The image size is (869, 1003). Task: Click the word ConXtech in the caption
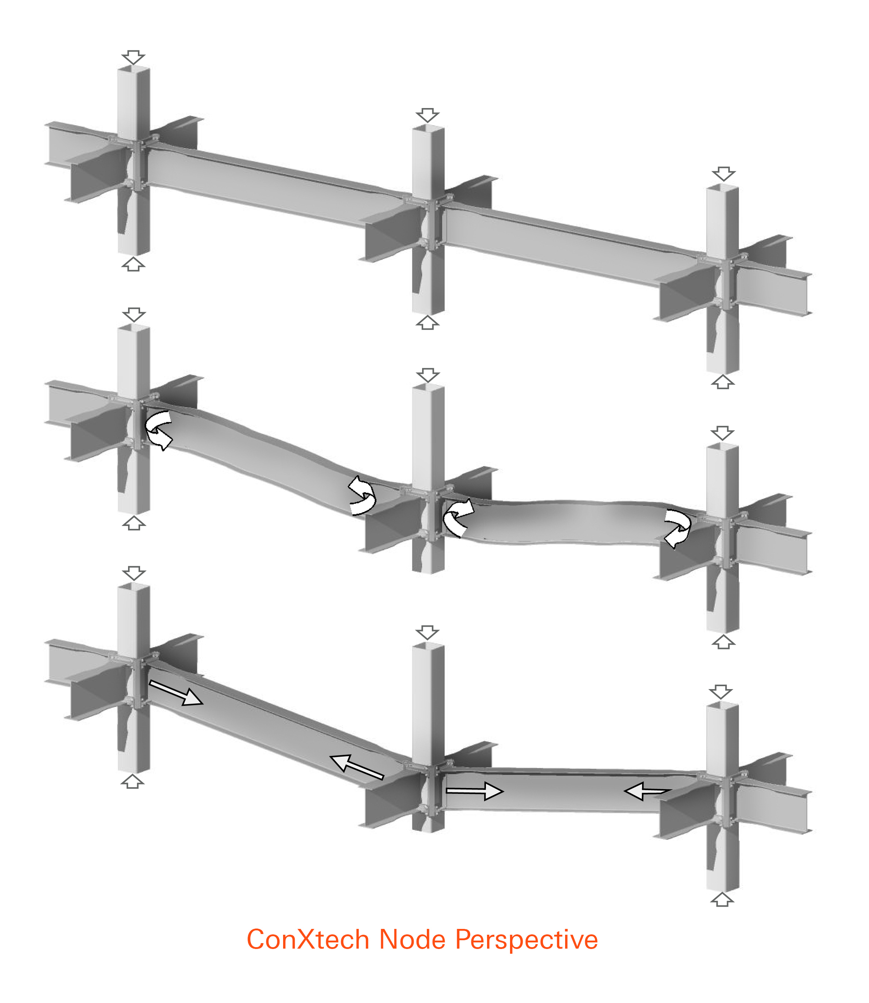click(x=308, y=939)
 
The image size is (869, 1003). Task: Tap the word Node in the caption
click(x=412, y=939)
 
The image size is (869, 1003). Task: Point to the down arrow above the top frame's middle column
click(x=428, y=115)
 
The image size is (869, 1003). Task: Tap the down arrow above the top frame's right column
click(x=723, y=174)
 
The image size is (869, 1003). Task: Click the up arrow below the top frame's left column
click(x=133, y=265)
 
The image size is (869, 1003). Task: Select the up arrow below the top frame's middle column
click(x=428, y=323)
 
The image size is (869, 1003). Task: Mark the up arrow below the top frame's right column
click(x=723, y=381)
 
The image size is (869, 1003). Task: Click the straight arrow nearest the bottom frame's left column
click(x=175, y=692)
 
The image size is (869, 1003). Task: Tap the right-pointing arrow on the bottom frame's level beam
click(x=475, y=791)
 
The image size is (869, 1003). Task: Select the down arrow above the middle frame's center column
click(x=428, y=375)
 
